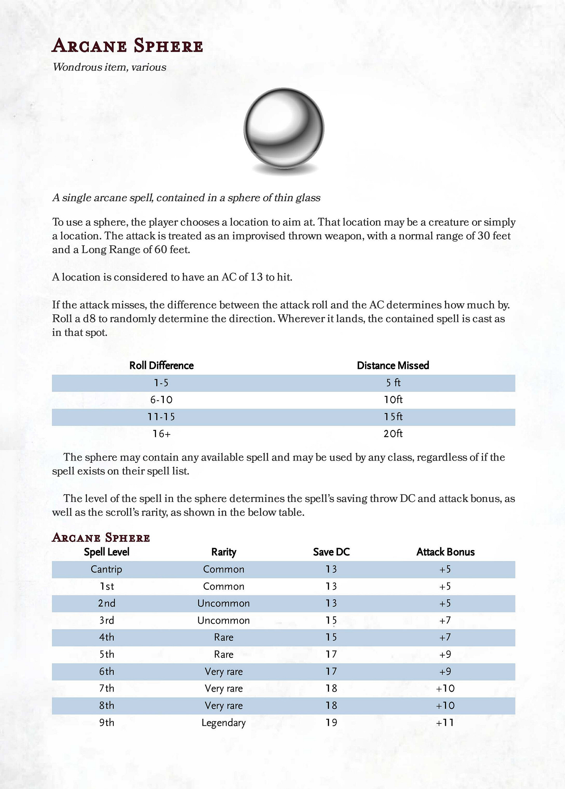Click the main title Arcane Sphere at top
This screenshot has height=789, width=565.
point(127,46)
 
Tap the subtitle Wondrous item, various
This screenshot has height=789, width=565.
point(109,67)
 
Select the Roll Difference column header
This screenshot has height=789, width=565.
point(161,365)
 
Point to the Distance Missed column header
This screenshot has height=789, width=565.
point(393,365)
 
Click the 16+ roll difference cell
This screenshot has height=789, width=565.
point(161,434)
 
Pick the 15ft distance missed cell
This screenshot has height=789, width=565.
point(393,417)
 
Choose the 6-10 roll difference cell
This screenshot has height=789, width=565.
point(161,400)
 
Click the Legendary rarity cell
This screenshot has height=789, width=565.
point(224,723)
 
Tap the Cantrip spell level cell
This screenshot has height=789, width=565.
point(106,569)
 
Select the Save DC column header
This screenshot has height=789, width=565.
point(331,552)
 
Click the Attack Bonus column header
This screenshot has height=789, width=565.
point(445,552)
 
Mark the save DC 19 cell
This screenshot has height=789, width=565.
point(331,723)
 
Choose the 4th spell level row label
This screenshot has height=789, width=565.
point(106,637)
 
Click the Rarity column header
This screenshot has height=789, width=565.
point(224,552)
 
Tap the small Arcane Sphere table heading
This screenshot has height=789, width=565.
point(101,538)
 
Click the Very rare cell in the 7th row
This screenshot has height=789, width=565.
point(224,689)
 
